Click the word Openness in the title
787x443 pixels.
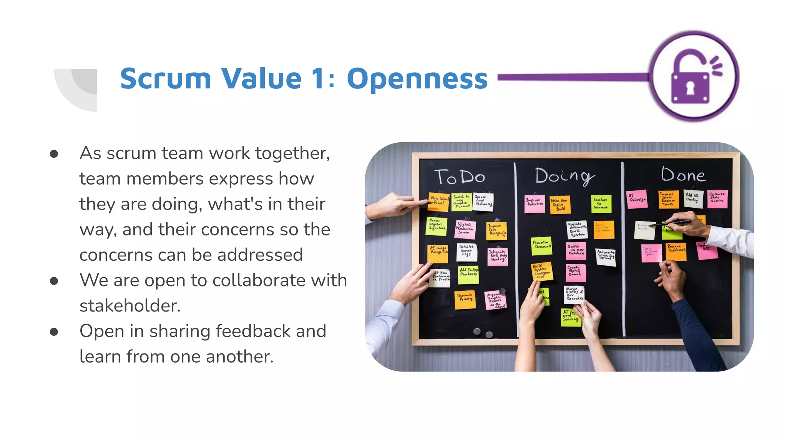pyautogui.click(x=417, y=79)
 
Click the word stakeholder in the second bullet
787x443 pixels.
pyautogui.click(x=130, y=306)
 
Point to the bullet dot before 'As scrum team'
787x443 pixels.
pyautogui.click(x=54, y=154)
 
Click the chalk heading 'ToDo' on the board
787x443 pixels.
pyautogui.click(x=460, y=177)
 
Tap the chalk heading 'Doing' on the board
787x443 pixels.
pyautogui.click(x=564, y=176)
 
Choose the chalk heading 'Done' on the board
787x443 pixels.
pyautogui.click(x=683, y=175)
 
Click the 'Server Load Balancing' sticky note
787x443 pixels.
pyautogui.click(x=483, y=201)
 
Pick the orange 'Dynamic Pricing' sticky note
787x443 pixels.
pyautogui.click(x=465, y=299)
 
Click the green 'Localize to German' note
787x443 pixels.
pyautogui.click(x=601, y=203)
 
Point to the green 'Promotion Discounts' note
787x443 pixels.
pyautogui.click(x=541, y=245)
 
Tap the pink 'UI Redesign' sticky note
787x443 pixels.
pyautogui.click(x=637, y=199)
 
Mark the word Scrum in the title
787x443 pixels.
pyautogui.click(x=166, y=79)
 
